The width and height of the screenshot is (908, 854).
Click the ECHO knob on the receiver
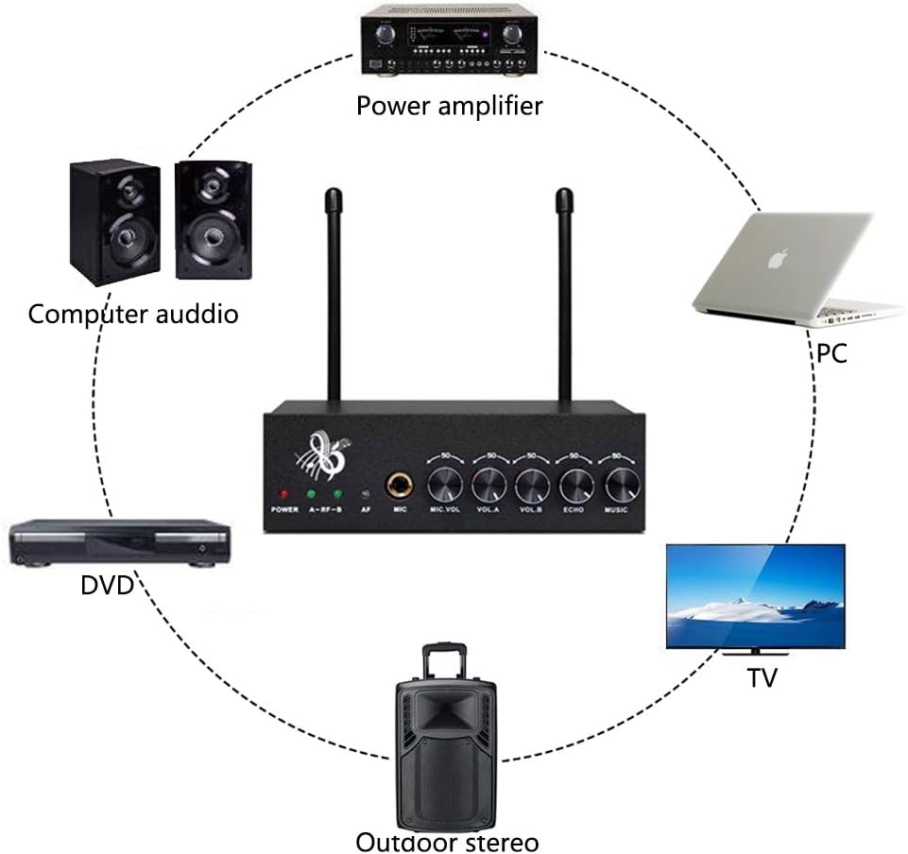tap(576, 486)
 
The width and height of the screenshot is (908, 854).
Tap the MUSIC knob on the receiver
tap(622, 486)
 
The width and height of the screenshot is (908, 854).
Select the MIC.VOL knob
tap(443, 486)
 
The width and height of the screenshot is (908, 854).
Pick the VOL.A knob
tap(488, 486)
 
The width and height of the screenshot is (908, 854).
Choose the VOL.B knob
tap(533, 486)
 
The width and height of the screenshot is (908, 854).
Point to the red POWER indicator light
tap(283, 494)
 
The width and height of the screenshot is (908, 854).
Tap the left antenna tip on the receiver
tap(333, 199)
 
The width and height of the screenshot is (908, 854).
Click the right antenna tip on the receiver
tap(564, 199)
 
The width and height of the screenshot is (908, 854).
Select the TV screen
tap(755, 595)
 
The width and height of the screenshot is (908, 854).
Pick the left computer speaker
tap(114, 222)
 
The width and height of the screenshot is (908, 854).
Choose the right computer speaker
tap(214, 218)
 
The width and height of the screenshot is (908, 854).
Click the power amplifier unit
tap(449, 41)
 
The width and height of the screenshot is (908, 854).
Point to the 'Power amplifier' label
tap(449, 105)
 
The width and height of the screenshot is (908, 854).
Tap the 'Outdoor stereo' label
tap(447, 841)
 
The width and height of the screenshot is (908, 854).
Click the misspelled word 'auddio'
tap(195, 314)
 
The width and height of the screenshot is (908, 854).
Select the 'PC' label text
tap(831, 353)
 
